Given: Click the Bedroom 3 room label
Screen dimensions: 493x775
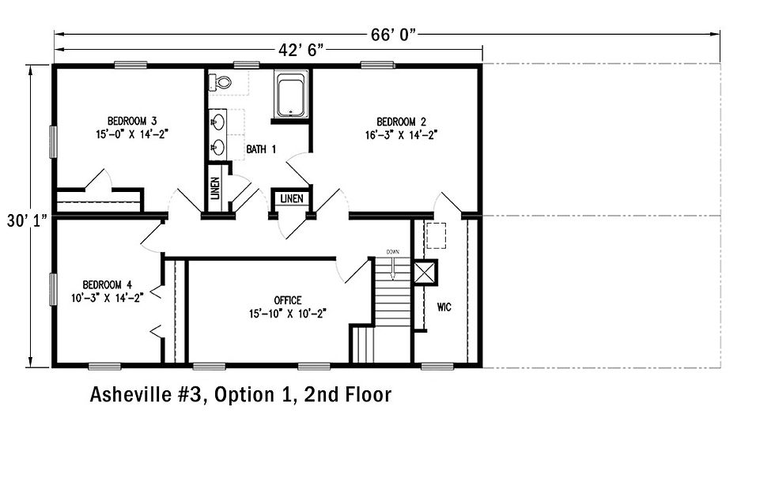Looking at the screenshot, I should pyautogui.click(x=132, y=121).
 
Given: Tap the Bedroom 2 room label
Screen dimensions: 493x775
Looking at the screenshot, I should pyautogui.click(x=401, y=122).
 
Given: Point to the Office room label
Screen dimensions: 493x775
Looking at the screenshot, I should pyautogui.click(x=288, y=300).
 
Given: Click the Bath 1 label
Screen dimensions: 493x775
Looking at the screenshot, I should pyautogui.click(x=261, y=149).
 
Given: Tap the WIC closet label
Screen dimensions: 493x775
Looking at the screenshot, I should pyautogui.click(x=444, y=307).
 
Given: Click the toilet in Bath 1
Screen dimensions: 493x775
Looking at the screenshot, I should pyautogui.click(x=222, y=81).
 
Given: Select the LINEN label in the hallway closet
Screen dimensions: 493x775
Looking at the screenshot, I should pyautogui.click(x=291, y=199).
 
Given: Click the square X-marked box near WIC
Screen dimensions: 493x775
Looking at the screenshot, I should pyautogui.click(x=425, y=272).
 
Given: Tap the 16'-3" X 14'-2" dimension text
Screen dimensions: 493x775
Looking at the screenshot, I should pyautogui.click(x=401, y=135).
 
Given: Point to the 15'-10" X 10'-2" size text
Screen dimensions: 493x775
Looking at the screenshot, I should pyautogui.click(x=288, y=313).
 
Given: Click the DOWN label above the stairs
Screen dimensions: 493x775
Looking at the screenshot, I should pyautogui.click(x=393, y=252).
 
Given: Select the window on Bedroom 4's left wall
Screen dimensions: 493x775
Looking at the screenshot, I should pyautogui.click(x=54, y=290).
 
